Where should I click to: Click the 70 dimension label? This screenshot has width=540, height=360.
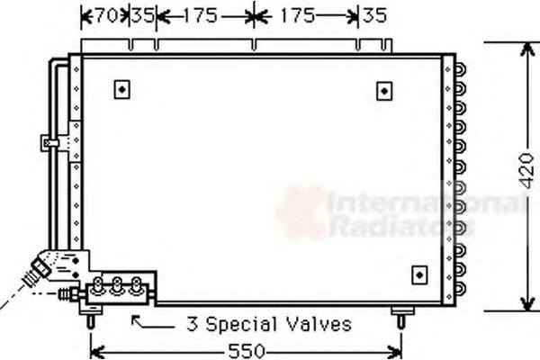108,14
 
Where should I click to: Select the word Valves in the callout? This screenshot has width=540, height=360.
319,323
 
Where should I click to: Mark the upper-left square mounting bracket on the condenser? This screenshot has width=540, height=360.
122,89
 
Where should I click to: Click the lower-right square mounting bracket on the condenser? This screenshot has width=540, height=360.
418,274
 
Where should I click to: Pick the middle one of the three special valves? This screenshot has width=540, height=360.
117,286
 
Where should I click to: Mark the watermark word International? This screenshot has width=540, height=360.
423,205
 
